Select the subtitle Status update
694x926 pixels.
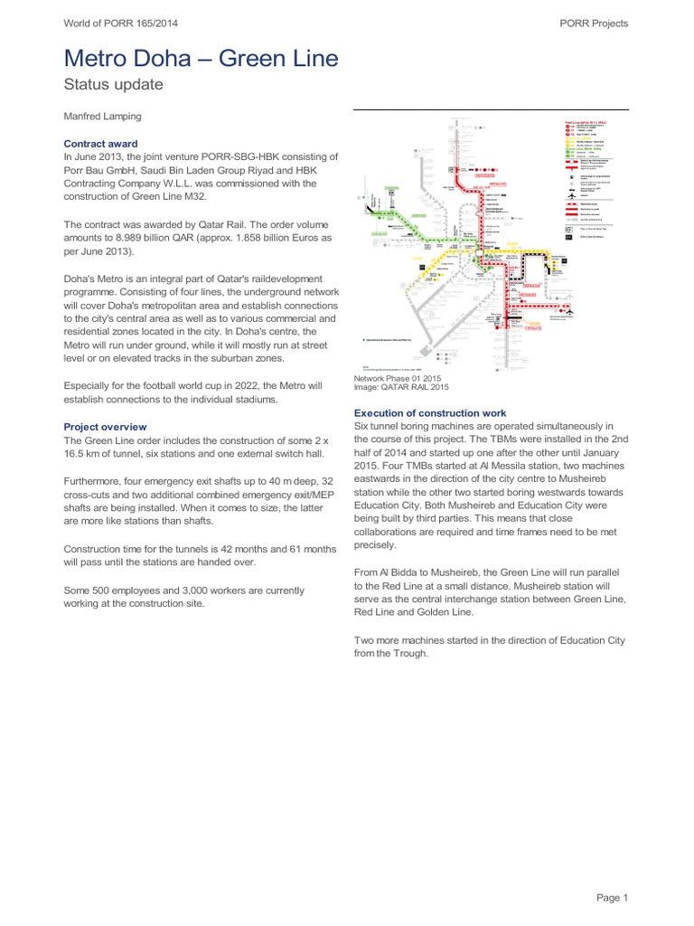click(113, 85)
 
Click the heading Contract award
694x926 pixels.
click(100, 143)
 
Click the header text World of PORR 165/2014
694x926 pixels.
click(120, 24)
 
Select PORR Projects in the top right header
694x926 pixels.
click(591, 24)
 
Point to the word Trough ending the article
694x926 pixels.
click(409, 654)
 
